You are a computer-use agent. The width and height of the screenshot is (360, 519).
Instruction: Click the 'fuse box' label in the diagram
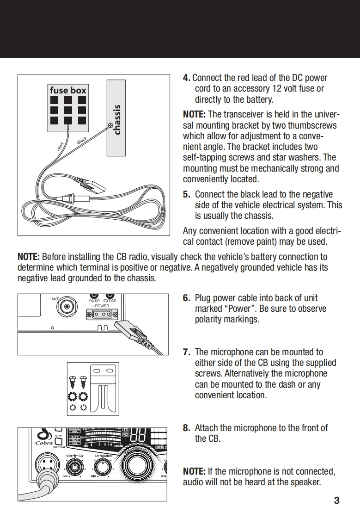pos(68,90)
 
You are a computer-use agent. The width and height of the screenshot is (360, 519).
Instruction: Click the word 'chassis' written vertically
pos(117,120)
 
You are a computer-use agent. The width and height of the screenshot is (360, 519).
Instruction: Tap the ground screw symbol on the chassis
pos(110,125)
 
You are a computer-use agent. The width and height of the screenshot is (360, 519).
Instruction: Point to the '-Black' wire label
pos(81,141)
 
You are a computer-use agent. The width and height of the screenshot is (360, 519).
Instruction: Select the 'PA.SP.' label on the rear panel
pos(94,301)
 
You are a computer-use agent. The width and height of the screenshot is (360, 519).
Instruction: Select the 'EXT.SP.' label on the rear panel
pos(110,301)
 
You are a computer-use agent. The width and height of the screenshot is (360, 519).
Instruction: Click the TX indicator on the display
pos(126,429)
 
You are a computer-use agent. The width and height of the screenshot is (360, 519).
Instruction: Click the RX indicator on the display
pos(126,435)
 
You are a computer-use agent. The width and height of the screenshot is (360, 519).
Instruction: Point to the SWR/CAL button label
pos(58,447)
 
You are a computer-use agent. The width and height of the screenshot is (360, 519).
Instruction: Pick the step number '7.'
pos(187,352)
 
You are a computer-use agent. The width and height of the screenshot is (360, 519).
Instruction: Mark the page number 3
pos(336,500)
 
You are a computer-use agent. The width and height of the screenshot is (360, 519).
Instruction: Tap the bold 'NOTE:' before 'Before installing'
pos(29,257)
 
